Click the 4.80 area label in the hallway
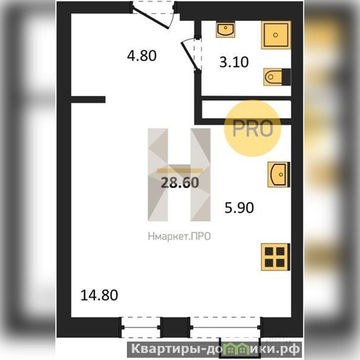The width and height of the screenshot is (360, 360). coord(142,55)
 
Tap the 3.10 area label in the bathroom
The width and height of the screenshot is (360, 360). coord(234,62)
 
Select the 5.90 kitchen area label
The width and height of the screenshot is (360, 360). coord(239,207)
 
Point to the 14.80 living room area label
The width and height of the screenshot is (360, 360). coord(99,295)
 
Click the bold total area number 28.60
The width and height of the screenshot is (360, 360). coord(180,183)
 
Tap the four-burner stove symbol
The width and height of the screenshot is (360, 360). coord(275,256)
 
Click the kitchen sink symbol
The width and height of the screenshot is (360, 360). coord(279,175)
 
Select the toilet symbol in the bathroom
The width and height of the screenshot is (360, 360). coord(277,76)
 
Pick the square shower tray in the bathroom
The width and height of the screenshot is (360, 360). coord(276,35)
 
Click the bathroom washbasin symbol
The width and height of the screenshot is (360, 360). coord(225,29)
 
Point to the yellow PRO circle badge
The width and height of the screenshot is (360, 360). coord(252,129)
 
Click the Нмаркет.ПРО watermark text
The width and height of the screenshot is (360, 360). coord(179,237)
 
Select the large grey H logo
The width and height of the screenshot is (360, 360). coord(179,175)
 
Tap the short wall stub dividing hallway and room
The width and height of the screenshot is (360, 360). coord(88,99)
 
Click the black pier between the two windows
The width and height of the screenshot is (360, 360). coord(175,327)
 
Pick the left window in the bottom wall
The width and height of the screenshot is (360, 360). coord(140,328)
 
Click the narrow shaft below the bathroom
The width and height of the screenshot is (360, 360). coord(246,109)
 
